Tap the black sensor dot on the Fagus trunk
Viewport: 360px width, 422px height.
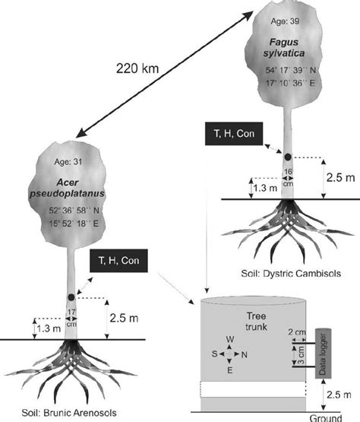[x=288, y=157]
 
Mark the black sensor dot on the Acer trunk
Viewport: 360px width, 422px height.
[x=71, y=297]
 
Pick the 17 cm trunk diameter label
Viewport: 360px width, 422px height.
[x=71, y=316]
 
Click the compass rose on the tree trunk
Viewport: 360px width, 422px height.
[x=235, y=356]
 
